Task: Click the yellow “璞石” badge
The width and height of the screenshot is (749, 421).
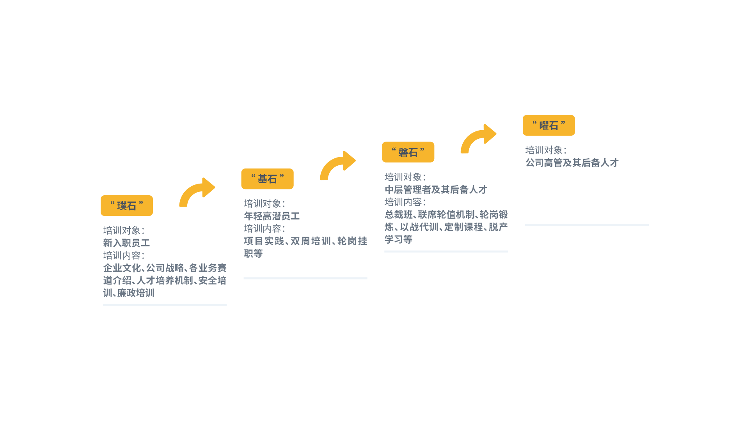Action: pyautogui.click(x=127, y=205)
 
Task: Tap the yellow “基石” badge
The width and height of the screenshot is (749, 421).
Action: pyautogui.click(x=267, y=179)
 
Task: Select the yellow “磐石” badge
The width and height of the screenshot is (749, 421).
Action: pyautogui.click(x=408, y=152)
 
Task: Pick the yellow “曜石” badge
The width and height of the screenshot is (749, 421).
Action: pyautogui.click(x=548, y=126)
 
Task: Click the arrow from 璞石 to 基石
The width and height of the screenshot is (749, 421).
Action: pyautogui.click(x=196, y=192)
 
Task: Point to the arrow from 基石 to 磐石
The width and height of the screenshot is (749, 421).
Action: pyautogui.click(x=337, y=166)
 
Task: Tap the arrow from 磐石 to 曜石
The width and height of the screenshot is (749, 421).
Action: pyautogui.click(x=478, y=139)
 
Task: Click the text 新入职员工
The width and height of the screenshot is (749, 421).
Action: pyautogui.click(x=126, y=243)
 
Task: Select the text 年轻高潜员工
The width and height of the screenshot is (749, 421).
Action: pyautogui.click(x=272, y=216)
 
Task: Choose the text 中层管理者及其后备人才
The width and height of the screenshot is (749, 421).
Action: pyautogui.click(x=436, y=189)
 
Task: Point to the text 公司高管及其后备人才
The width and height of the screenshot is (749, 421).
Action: pyautogui.click(x=572, y=163)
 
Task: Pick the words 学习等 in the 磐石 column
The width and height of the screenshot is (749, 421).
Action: pyautogui.click(x=398, y=239)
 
